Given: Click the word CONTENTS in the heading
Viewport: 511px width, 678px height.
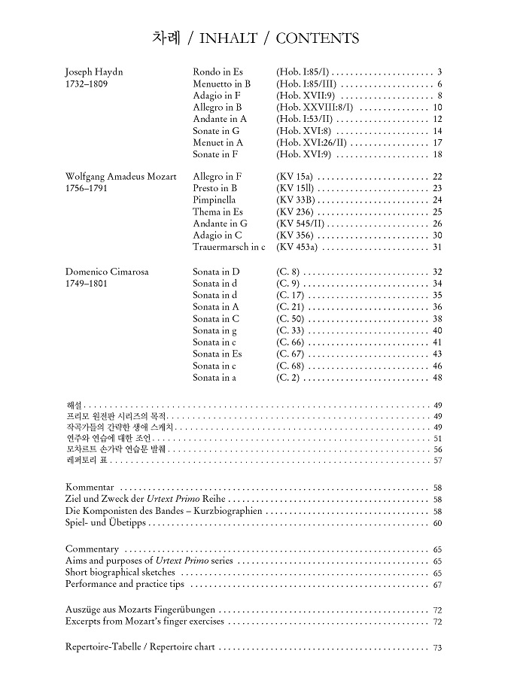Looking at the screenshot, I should click(317, 38).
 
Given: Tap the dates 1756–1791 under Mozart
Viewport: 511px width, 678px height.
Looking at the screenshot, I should click(87, 188).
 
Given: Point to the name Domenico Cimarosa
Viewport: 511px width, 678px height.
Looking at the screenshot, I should click(102, 272).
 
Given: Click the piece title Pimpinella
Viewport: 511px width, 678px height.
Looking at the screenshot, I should click(214, 200).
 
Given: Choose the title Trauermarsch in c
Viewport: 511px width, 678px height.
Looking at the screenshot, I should click(229, 247).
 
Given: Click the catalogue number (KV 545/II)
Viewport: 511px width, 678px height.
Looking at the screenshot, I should click(302, 223).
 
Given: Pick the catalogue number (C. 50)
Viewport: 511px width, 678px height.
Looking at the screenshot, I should click(290, 318).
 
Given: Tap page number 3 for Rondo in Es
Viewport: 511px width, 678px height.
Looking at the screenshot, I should click(439, 72).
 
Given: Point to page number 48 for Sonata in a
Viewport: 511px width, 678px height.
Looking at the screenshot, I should click(437, 377).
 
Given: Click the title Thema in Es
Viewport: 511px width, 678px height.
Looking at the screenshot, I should click(217, 212).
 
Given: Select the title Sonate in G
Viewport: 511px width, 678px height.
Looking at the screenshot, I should click(216, 131).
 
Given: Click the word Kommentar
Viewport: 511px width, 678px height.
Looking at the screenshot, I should click(90, 488).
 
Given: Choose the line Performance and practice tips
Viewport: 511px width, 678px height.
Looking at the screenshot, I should click(124, 584).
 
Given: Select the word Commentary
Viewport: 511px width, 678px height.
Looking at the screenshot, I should click(92, 549).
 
